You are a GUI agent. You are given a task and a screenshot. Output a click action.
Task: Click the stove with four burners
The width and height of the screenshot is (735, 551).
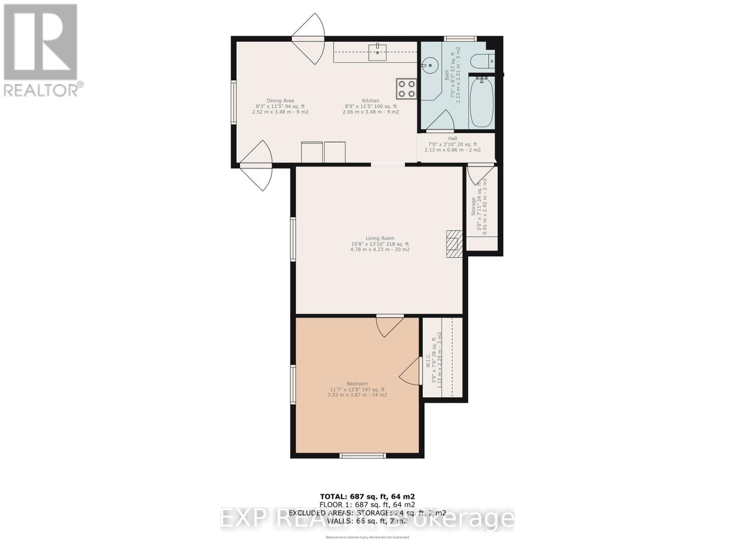coord(407,89)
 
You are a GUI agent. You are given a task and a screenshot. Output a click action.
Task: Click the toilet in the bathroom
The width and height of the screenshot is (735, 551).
coord(482,60)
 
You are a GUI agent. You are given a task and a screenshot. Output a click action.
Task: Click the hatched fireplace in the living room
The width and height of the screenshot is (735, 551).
coord(454,243)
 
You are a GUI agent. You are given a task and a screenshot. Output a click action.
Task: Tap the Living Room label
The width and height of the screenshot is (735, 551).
coord(380,238)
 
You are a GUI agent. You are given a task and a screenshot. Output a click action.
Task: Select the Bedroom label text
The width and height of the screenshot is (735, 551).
coord(357,384)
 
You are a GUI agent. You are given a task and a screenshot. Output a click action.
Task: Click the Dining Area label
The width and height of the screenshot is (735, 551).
coord(280,101)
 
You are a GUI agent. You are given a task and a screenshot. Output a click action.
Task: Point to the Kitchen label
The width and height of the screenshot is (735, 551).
coord(371,101)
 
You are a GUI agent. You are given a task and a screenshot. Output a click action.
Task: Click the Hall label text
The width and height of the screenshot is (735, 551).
coord(452,139)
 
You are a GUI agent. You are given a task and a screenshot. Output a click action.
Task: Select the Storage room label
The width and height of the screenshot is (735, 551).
coord(474,206)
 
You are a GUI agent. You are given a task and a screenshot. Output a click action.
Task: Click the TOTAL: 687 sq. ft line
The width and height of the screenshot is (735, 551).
coord(367,496)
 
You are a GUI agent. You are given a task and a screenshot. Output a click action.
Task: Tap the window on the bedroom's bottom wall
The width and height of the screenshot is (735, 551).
coord(362,455)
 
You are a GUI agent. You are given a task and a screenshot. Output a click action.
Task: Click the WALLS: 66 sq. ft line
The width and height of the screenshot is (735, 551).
coord(367,521)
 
